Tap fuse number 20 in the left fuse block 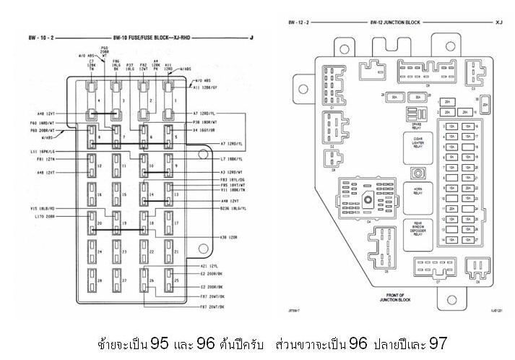pyautogui.click(x=100, y=223)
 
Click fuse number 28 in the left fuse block pyautogui.click(x=100, y=280)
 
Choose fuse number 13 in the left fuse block pyautogui.click(x=176, y=195)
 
